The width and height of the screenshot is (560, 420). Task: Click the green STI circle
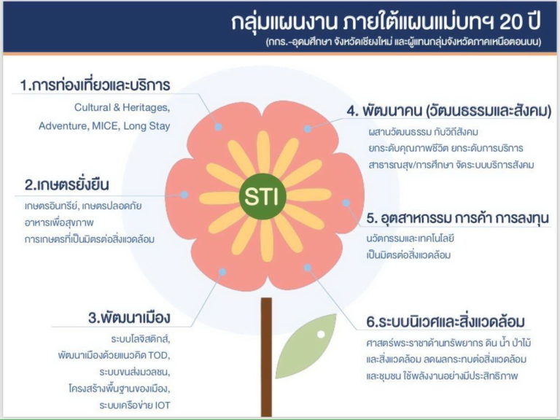[x=262, y=196]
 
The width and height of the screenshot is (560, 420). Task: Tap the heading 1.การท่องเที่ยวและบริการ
[x=95, y=85]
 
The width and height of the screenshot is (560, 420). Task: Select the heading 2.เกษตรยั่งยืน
[x=67, y=184]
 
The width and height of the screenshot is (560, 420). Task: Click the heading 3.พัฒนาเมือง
[x=129, y=317]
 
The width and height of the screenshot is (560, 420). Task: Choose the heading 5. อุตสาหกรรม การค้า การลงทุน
[x=458, y=217]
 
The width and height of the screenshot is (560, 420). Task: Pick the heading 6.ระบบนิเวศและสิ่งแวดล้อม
[x=446, y=321]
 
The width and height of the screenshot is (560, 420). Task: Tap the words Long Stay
[x=147, y=126]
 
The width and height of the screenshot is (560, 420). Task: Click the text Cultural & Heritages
[x=122, y=107]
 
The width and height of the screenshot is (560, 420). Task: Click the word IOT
[x=163, y=405]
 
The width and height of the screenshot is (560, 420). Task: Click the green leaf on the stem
[x=306, y=346]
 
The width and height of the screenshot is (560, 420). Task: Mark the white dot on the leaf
[x=321, y=334]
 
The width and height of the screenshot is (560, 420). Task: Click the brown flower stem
[x=266, y=357]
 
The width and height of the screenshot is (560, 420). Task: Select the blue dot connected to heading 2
[x=184, y=195]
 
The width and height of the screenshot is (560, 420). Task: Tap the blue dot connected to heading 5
[x=346, y=203]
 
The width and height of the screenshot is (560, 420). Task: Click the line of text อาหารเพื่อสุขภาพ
[x=59, y=222]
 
